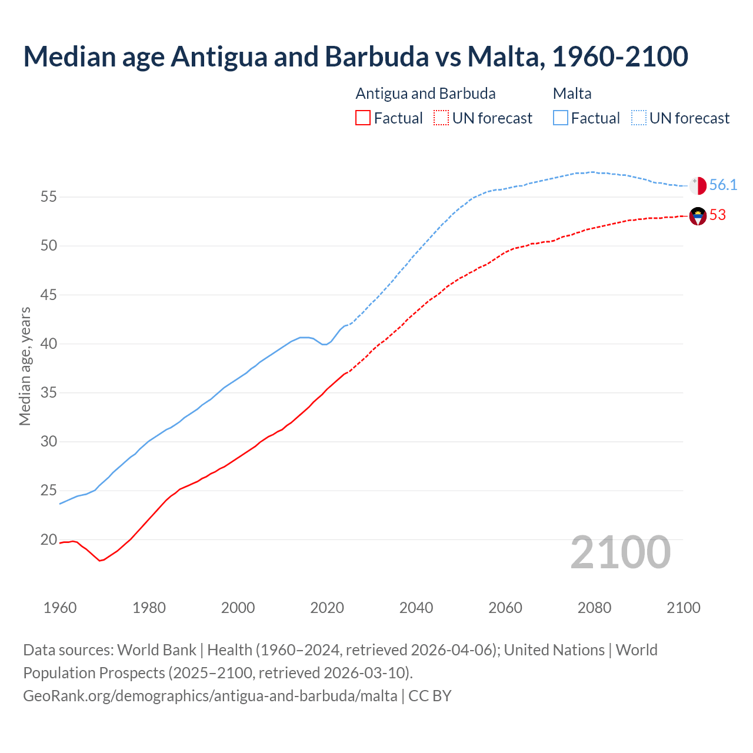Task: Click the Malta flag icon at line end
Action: tap(698, 185)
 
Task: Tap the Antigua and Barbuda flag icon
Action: tap(698, 216)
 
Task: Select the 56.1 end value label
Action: tap(723, 185)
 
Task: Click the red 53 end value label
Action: tap(718, 215)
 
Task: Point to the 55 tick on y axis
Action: tap(48, 196)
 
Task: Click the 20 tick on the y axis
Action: tap(48, 539)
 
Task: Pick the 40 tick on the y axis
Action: tap(48, 344)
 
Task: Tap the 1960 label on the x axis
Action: tap(60, 608)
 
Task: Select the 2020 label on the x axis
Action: tap(327, 608)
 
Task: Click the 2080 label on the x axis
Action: tap(594, 608)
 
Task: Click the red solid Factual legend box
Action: tap(363, 118)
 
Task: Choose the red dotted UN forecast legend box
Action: tap(441, 118)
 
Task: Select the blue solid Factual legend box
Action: tap(561, 118)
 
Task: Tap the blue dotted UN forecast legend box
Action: tap(639, 118)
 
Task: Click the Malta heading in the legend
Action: tap(572, 94)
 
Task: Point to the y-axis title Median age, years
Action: tap(25, 366)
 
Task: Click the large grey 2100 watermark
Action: tap(620, 552)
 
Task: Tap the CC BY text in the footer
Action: tap(430, 696)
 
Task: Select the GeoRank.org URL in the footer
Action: tap(210, 696)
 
